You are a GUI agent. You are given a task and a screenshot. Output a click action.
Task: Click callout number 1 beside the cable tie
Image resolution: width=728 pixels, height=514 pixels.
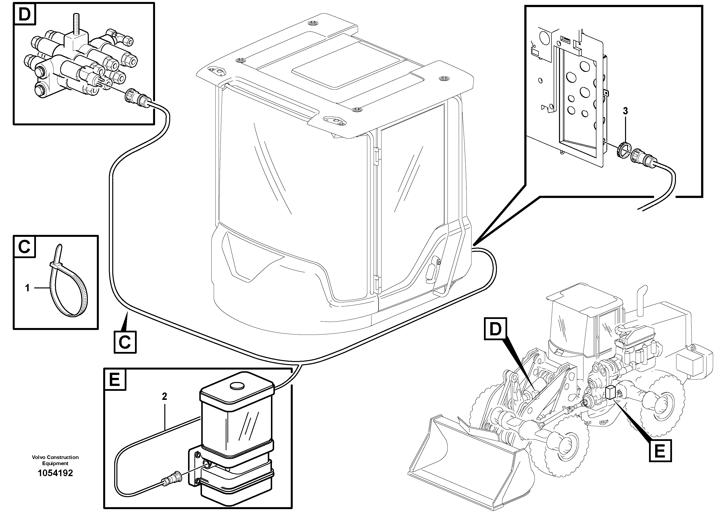tap(27, 288)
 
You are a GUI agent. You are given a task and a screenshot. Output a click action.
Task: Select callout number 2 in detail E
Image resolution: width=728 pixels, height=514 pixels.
tap(164, 396)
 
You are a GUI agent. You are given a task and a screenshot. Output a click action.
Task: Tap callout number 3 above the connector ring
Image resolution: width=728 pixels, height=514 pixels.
tap(625, 111)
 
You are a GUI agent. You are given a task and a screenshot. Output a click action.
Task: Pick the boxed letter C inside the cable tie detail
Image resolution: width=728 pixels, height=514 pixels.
tap(24, 247)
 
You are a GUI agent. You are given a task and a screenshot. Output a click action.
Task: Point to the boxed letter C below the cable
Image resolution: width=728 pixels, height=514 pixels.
tap(125, 342)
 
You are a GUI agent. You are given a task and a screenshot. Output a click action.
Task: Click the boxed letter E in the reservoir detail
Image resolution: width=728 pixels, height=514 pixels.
tap(115, 379)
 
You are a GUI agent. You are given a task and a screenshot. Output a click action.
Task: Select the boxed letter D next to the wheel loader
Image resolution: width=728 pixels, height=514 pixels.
tap(495, 329)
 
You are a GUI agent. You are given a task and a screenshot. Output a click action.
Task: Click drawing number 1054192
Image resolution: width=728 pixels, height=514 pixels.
tap(55, 473)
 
